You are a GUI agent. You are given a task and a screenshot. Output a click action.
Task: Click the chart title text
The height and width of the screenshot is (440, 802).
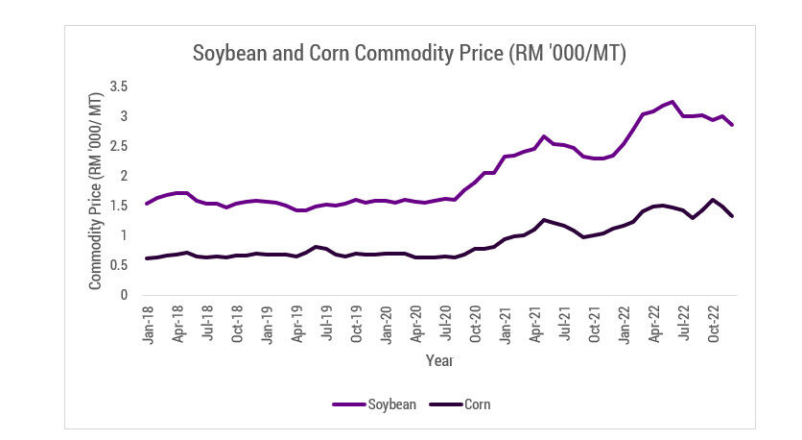[x=410, y=54]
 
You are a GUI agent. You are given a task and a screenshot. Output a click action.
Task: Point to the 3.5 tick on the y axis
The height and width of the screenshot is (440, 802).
[x=118, y=87]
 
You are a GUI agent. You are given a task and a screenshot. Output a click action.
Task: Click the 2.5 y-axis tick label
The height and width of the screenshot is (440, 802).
[x=118, y=146]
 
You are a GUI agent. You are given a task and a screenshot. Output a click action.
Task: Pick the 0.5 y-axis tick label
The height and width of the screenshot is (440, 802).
[x=118, y=265]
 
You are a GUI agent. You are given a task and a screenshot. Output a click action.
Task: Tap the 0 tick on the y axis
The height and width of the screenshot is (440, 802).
[x=124, y=295]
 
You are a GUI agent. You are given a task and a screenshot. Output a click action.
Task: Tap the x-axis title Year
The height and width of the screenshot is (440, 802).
[x=439, y=361]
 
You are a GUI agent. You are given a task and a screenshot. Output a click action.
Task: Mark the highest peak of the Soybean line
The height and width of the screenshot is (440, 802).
[x=672, y=101]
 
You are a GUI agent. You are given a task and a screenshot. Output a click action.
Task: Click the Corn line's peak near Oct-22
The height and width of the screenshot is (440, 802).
[x=713, y=200]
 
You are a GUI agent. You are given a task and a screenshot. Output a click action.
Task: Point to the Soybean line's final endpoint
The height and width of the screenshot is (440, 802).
[x=733, y=125]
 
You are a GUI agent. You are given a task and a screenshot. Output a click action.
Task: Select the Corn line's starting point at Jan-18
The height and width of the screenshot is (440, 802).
[x=147, y=258]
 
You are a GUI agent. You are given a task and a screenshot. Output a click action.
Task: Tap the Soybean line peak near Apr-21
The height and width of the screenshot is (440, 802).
[x=544, y=136]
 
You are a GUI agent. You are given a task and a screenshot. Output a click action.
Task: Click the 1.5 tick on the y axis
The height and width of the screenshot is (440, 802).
[x=118, y=206]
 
